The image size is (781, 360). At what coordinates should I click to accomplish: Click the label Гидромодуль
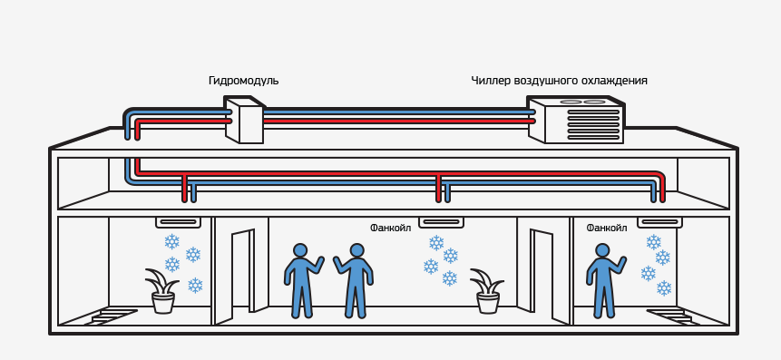[244, 81]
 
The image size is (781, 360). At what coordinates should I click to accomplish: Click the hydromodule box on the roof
[244, 120]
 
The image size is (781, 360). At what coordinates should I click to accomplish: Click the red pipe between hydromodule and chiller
[397, 121]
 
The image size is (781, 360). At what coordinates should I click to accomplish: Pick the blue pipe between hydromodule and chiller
[397, 112]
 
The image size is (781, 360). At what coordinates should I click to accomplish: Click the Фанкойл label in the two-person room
[390, 228]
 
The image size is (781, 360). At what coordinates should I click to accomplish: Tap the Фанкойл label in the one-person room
[607, 228]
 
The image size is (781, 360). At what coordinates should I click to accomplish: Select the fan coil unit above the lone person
[659, 222]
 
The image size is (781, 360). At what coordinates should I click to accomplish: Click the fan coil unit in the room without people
[178, 222]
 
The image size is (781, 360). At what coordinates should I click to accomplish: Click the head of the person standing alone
[601, 251]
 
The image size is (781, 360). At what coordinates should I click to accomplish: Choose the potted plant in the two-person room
[488, 291]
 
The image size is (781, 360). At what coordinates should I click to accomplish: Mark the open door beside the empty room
[242, 272]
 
